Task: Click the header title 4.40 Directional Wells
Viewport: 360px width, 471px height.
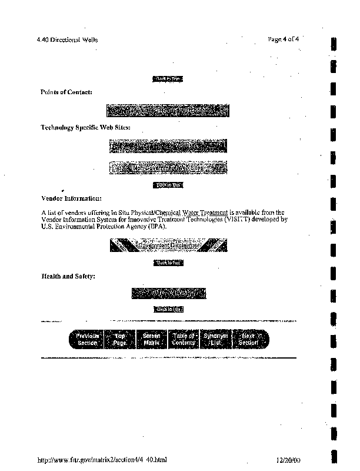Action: pos(66,39)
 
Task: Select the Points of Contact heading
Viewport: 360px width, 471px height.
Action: pos(66,92)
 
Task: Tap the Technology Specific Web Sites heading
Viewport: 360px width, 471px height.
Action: pos(85,127)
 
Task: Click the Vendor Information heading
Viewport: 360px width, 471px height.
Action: pos(72,198)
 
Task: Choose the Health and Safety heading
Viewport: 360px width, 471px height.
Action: pos(68,276)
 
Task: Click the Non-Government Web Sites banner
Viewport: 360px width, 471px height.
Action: pos(168,168)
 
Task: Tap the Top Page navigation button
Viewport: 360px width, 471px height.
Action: pos(120,339)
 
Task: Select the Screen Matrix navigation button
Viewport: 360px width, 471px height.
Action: pos(152,339)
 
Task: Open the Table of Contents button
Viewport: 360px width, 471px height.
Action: pos(184,339)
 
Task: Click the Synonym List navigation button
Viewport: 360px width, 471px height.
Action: pos(215,339)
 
